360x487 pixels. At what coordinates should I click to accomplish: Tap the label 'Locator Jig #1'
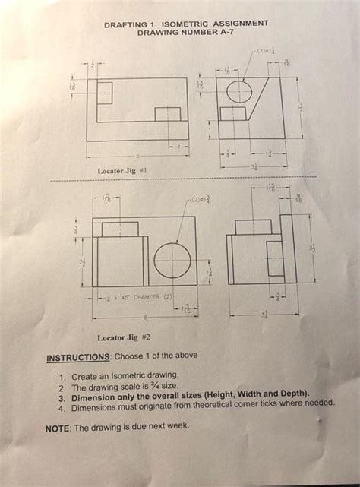[x=122, y=172]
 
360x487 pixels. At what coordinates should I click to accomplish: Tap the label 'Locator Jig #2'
[x=125, y=337]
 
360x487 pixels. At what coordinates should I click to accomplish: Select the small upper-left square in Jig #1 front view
[x=101, y=93]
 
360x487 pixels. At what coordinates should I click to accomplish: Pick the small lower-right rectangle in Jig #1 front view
[x=167, y=114]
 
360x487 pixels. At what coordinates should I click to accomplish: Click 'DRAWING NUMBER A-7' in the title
[x=185, y=33]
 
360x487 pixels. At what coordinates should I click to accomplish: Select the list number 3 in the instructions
[x=62, y=396]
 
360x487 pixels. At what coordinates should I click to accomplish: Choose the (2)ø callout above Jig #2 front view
[x=198, y=199]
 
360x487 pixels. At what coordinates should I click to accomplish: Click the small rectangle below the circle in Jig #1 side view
[x=232, y=114]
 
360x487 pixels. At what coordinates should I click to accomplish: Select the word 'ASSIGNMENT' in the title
[x=239, y=24]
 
